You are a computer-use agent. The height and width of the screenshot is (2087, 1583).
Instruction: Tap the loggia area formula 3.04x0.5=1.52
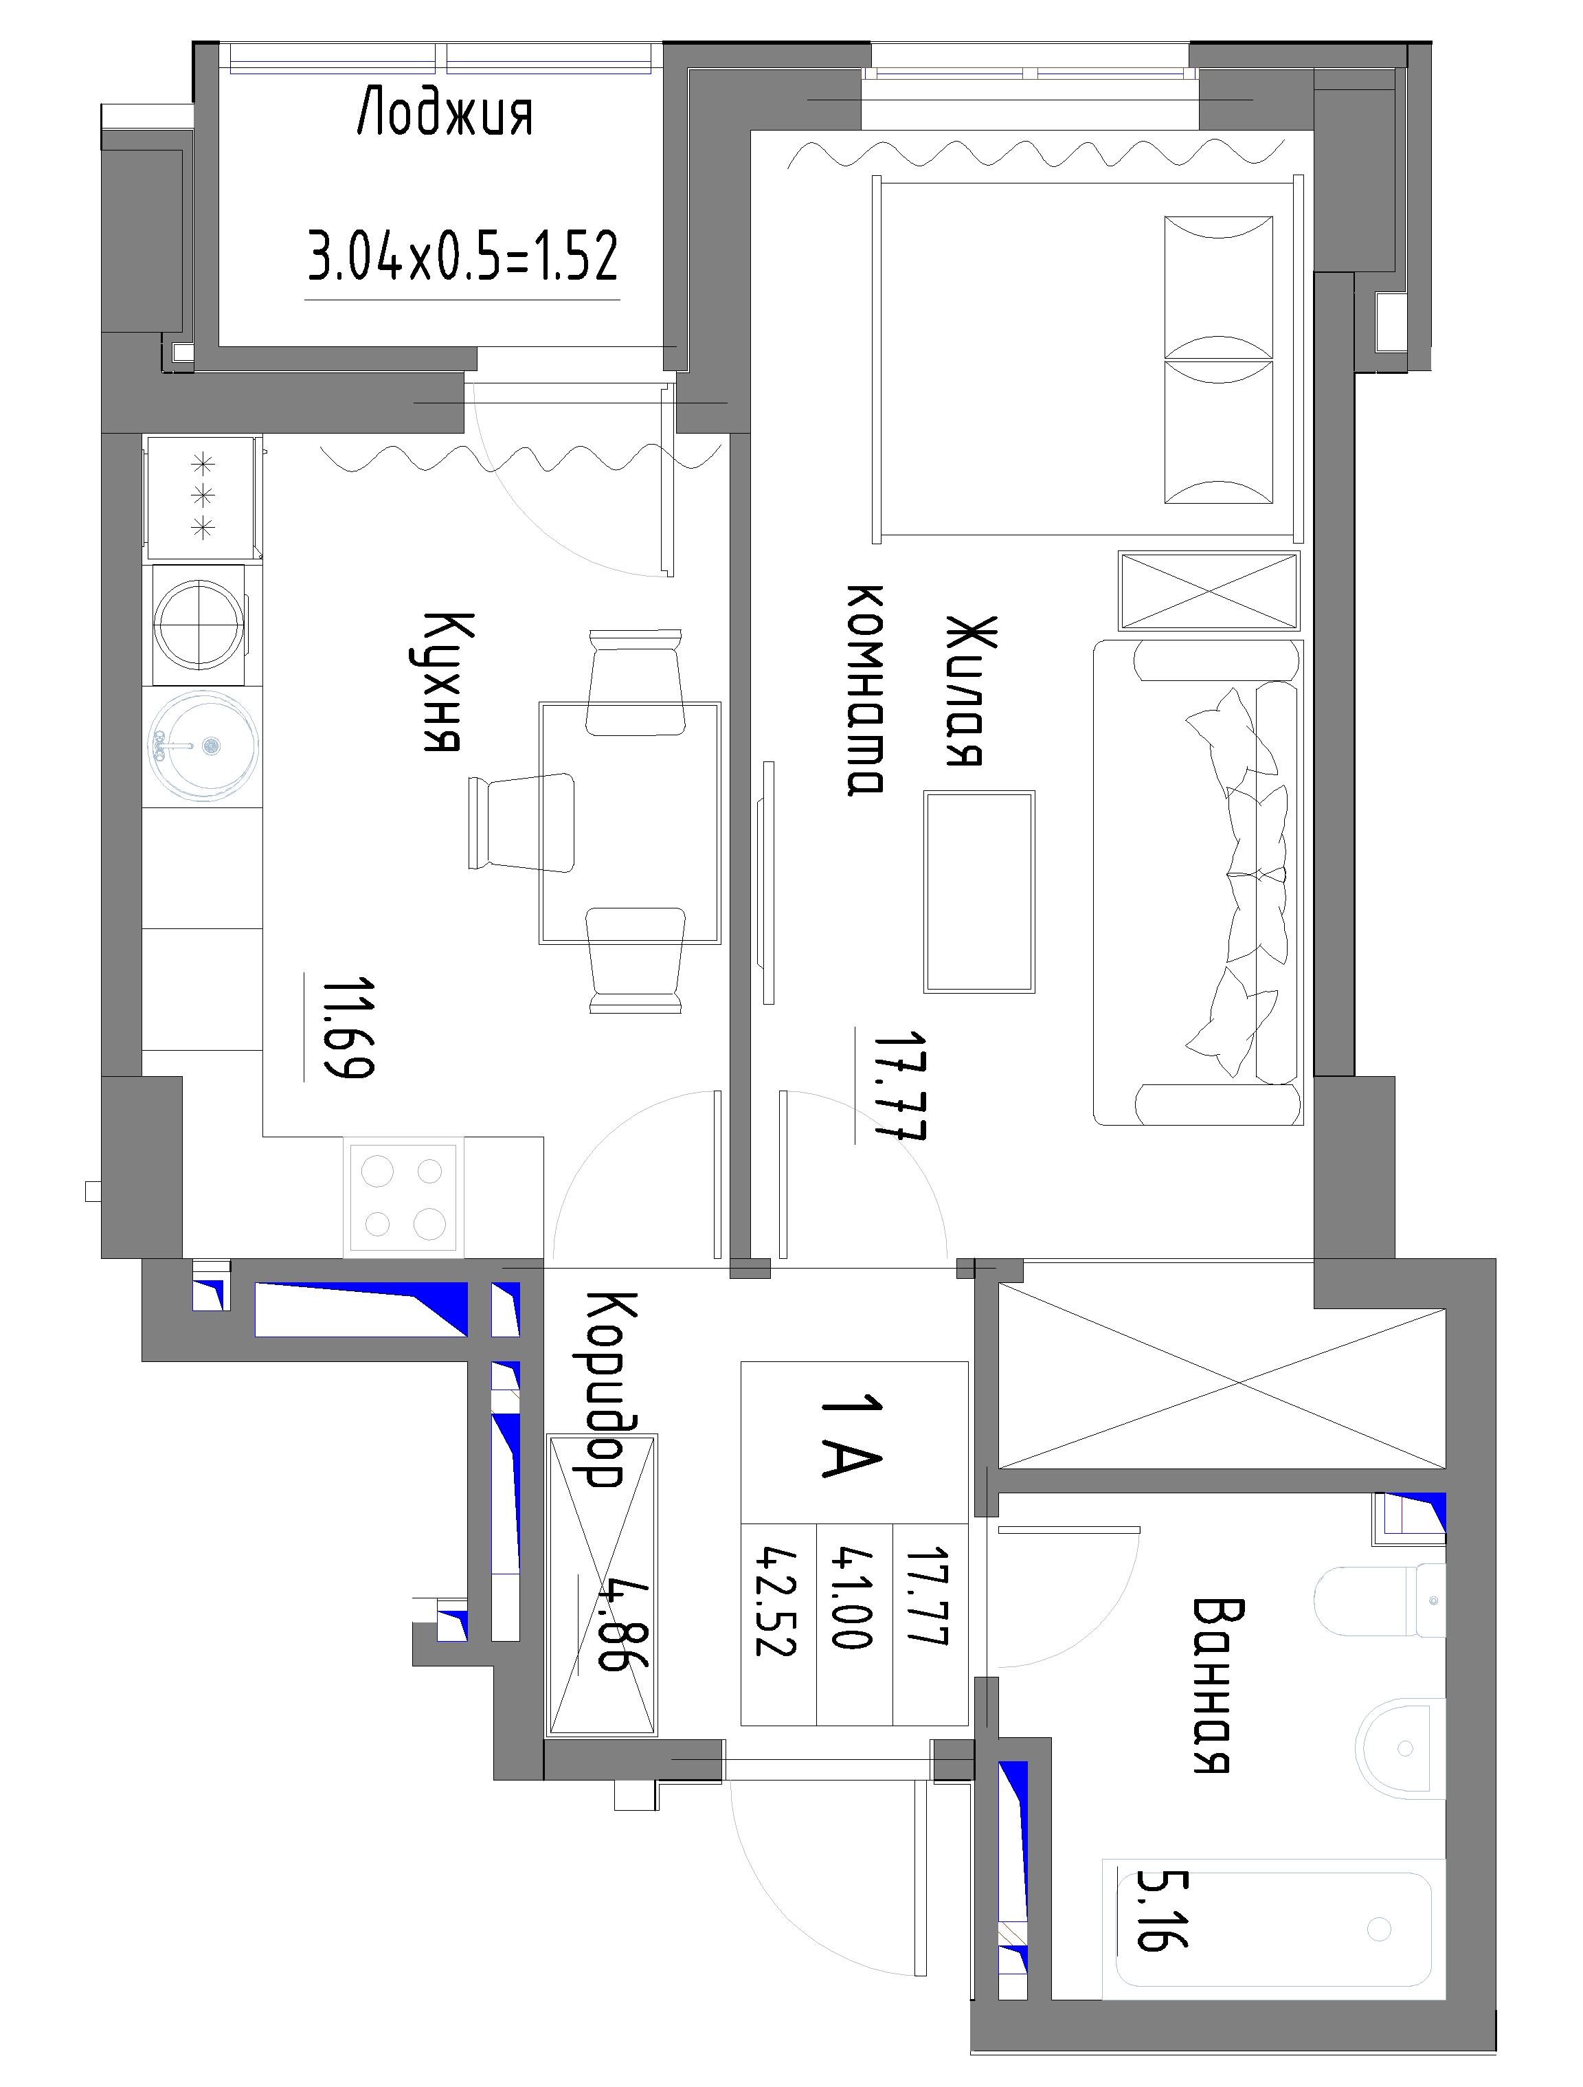[x=463, y=256]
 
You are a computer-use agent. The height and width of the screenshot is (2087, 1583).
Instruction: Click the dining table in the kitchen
[x=629, y=822]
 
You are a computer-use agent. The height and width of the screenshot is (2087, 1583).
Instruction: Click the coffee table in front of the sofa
[x=979, y=891]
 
